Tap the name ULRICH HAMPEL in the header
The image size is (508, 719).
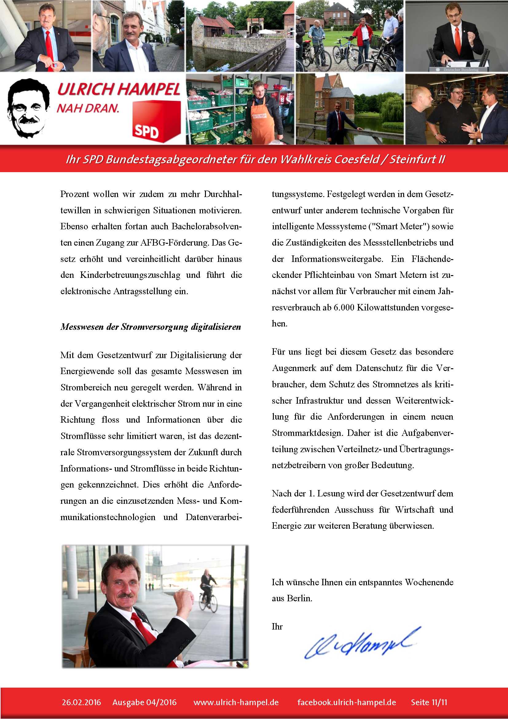[x=119, y=89]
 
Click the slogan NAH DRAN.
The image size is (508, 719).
[x=88, y=108]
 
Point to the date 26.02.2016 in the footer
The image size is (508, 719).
[x=81, y=702]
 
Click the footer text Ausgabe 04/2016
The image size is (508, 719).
[x=144, y=702]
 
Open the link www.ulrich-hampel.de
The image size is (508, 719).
[x=236, y=702]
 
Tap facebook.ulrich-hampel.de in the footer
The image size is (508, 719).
[x=346, y=702]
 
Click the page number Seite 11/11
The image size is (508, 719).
[x=429, y=702]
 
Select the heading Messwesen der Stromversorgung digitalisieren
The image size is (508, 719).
[x=151, y=327]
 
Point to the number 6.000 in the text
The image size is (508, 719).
[x=344, y=307]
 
